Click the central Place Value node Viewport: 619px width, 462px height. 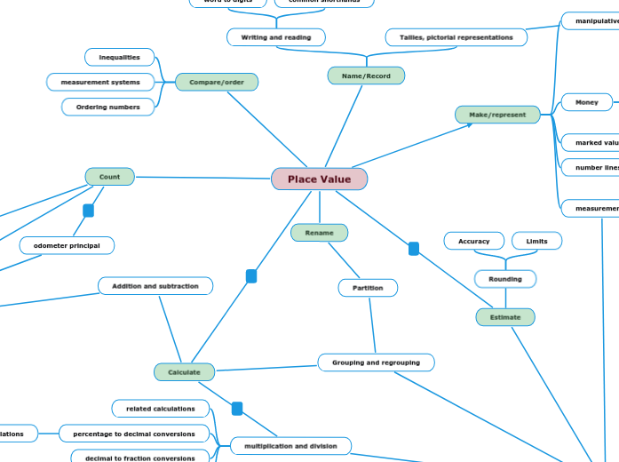319,179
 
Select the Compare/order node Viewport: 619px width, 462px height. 217,82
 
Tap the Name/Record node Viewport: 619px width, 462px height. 366,76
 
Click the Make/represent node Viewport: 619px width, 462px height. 497,115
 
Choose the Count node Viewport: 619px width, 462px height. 109,177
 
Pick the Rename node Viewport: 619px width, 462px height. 319,233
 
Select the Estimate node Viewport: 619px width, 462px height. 505,317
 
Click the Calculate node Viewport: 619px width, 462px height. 184,372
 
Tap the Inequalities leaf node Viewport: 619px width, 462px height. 119,57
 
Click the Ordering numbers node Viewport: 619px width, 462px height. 107,108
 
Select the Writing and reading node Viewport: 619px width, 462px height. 275,37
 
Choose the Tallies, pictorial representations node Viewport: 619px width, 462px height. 456,37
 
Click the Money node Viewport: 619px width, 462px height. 586,102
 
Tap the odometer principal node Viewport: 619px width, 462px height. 67,245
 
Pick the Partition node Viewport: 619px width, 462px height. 368,288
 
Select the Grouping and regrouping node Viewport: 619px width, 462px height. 376,362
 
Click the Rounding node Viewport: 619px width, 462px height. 505,279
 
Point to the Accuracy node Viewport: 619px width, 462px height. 473,241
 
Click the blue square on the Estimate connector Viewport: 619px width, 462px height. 414,249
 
